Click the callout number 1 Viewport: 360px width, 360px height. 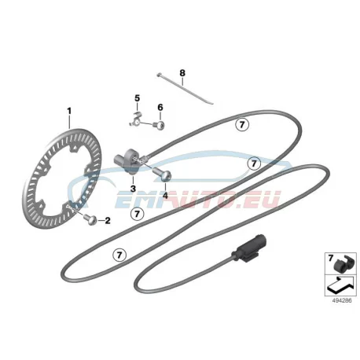click(69, 111)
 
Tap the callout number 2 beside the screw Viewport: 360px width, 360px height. click(108, 221)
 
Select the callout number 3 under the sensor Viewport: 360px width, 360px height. click(133, 189)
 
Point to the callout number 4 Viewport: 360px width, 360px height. click(165, 195)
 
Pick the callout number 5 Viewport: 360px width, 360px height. click(138, 98)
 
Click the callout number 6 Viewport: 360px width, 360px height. click(160, 108)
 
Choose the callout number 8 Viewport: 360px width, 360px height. click(182, 73)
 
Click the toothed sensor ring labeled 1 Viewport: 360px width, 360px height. click(62, 178)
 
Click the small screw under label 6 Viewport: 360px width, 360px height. click(160, 125)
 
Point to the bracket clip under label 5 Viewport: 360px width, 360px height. click(136, 119)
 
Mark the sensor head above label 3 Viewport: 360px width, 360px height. click(127, 160)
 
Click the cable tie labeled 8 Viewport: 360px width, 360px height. click(185, 89)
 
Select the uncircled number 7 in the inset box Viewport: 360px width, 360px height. click(331, 259)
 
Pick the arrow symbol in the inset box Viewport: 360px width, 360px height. click(340, 285)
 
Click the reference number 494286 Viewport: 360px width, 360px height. click(342, 300)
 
